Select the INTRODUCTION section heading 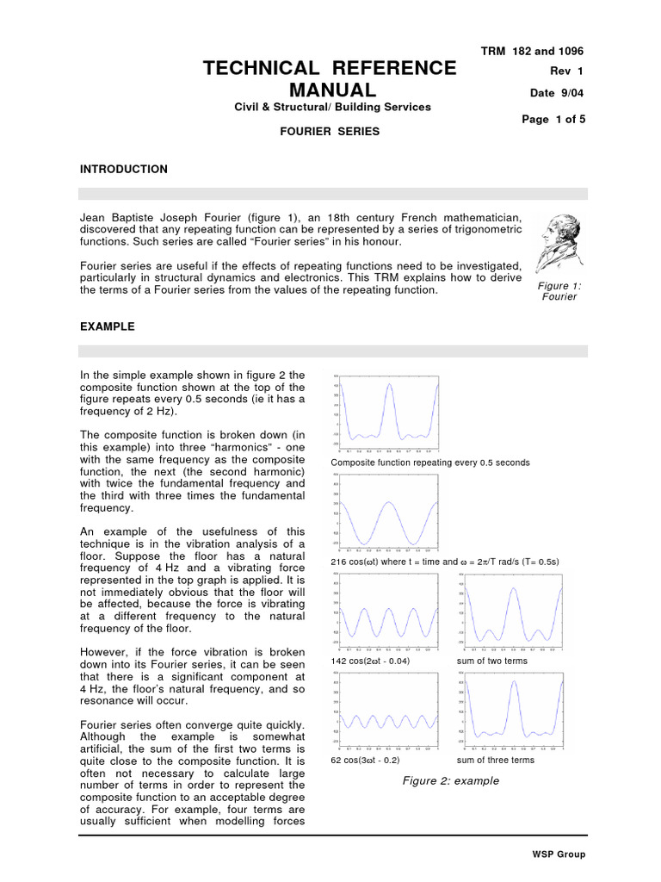123,169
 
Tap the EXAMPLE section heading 107,327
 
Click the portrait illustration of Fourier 558,240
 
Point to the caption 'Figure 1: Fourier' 558,291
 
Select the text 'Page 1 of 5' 553,120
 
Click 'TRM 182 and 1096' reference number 533,51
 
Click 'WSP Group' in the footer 559,854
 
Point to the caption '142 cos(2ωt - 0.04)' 370,661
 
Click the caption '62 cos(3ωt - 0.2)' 365,761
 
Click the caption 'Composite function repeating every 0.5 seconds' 430,463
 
